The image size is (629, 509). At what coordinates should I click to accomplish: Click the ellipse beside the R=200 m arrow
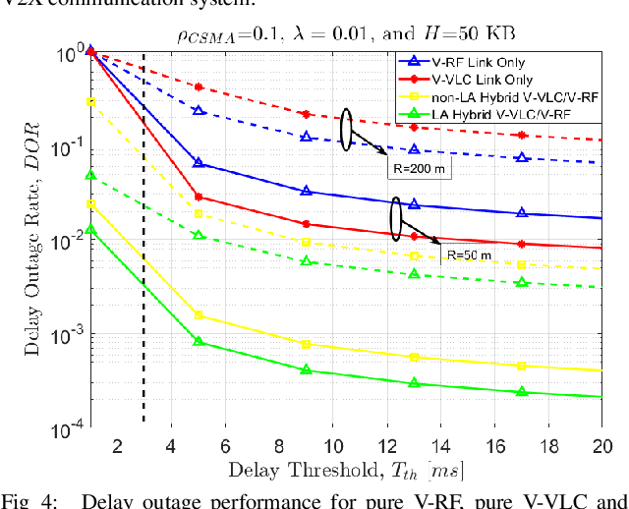tap(346, 130)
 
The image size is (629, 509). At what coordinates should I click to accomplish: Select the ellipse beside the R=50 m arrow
tap(397, 218)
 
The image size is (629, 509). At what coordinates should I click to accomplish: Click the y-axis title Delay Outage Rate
tap(29, 242)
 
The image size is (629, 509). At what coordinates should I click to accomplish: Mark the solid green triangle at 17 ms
tap(522, 391)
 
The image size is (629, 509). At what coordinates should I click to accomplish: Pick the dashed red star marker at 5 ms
tap(199, 87)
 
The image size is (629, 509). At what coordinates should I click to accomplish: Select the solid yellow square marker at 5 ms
tap(199, 315)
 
